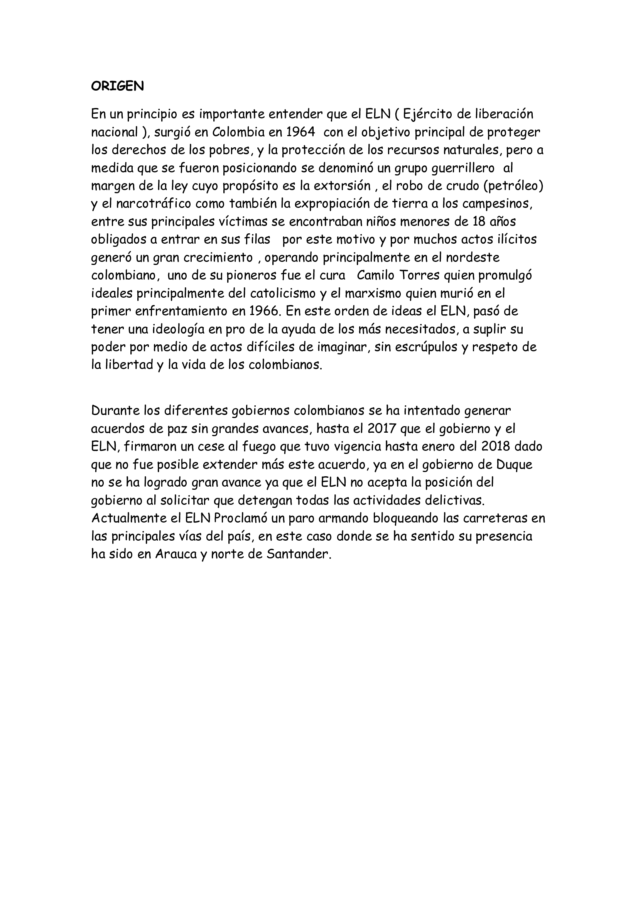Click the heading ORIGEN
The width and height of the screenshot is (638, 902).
click(x=118, y=86)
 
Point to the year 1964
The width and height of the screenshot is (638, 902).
click(x=300, y=132)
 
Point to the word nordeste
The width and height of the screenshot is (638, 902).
click(x=473, y=258)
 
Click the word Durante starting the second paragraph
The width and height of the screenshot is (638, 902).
click(x=115, y=411)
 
